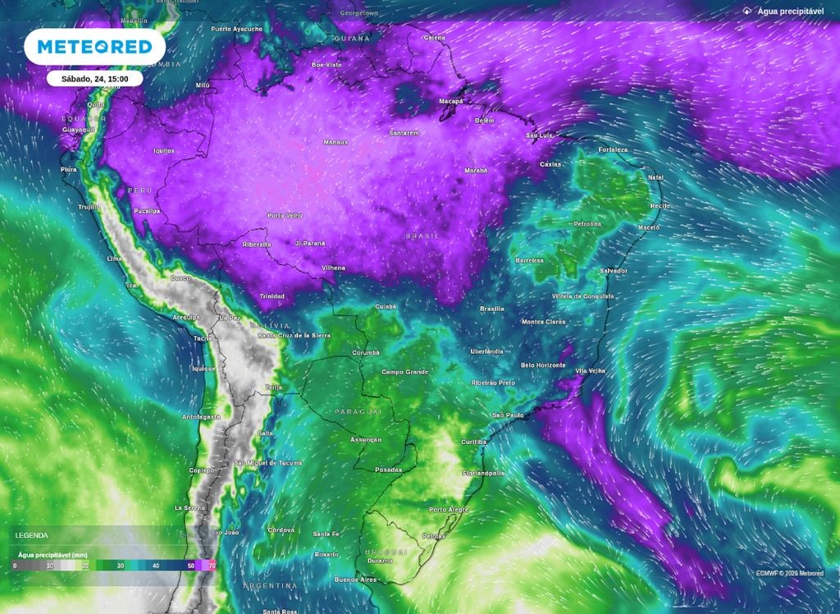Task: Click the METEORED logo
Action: point(94,47)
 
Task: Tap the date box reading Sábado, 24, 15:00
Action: point(94,79)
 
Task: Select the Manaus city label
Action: point(336,142)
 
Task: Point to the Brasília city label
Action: point(491,309)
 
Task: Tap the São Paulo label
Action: point(508,415)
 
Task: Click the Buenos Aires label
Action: point(355,580)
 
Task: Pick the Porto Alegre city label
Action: point(449,510)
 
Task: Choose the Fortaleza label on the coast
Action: point(613,149)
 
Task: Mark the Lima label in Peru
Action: point(115,259)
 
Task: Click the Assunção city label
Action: point(366,440)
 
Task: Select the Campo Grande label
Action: point(405,372)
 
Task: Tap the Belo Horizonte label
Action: point(543,364)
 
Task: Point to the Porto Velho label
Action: point(285,216)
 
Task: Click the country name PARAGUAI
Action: point(358,411)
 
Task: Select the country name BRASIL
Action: point(422,236)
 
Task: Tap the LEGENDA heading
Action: point(31,535)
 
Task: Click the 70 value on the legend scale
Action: point(212,566)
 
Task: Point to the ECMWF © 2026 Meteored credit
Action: point(790,573)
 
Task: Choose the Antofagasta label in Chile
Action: point(201,417)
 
